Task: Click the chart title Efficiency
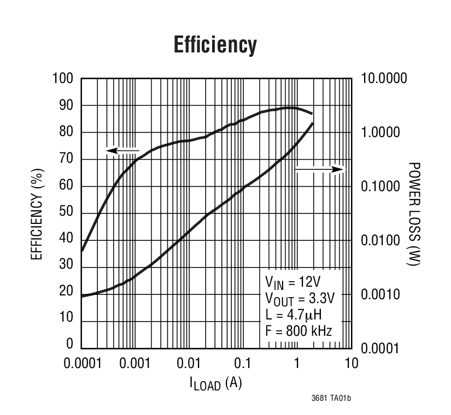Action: [x=215, y=45]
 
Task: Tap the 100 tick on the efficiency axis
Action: [x=63, y=79]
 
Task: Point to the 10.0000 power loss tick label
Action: [x=384, y=79]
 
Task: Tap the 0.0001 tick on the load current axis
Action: [x=81, y=364]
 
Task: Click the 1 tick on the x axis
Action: [x=296, y=364]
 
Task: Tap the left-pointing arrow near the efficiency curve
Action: [x=122, y=150]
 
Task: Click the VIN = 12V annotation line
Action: [x=292, y=282]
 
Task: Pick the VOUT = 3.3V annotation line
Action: [x=299, y=299]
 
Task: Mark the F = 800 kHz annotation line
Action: [x=298, y=330]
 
